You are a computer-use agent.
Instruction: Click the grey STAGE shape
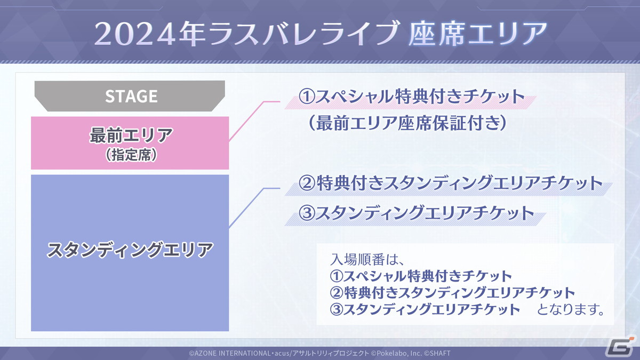[131, 96]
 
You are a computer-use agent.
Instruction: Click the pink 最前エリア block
[131, 143]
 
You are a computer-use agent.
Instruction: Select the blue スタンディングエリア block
[131, 251]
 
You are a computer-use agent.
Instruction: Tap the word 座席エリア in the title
[477, 35]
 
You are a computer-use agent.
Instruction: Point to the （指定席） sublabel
[131, 156]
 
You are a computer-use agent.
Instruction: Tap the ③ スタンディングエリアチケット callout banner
[416, 213]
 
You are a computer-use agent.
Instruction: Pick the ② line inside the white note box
[452, 293]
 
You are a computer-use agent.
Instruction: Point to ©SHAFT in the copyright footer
[438, 353]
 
